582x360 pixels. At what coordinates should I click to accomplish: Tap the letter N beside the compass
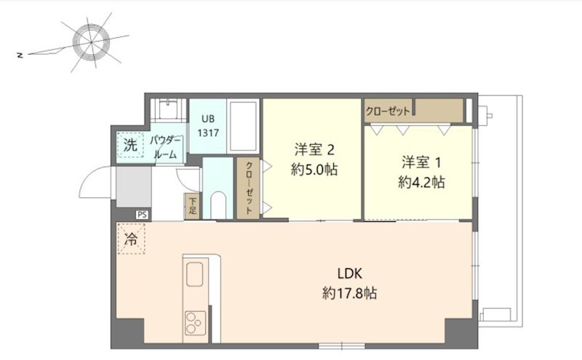20,55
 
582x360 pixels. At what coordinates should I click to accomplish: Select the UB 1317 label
208,126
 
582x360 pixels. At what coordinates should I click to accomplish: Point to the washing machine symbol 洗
130,145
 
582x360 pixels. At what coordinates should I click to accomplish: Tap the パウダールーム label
165,148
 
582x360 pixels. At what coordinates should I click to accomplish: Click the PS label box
142,215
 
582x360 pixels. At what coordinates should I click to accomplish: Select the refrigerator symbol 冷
131,239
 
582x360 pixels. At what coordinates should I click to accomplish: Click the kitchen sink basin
194,274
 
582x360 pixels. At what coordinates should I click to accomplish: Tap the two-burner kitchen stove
195,323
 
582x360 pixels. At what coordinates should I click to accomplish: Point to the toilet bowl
218,205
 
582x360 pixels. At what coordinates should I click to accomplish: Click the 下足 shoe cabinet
192,207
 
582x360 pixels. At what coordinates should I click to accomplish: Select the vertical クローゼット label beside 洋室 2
249,188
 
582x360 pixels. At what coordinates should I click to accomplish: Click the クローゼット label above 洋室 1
388,111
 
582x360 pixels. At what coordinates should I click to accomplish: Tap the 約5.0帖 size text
314,170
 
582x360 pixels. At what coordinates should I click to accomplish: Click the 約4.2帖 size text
421,183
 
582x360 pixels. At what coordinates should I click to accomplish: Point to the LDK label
350,273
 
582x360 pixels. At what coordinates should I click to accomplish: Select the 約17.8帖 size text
350,293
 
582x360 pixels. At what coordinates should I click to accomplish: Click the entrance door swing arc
88,177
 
